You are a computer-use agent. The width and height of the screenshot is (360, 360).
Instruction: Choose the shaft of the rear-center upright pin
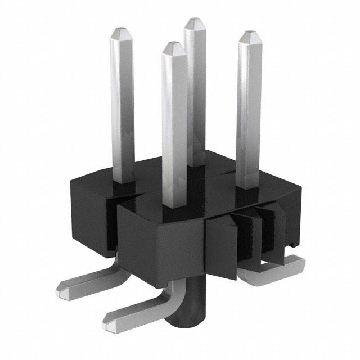coord(195,90)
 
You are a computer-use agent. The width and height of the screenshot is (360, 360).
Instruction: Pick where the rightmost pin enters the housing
coord(248,186)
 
